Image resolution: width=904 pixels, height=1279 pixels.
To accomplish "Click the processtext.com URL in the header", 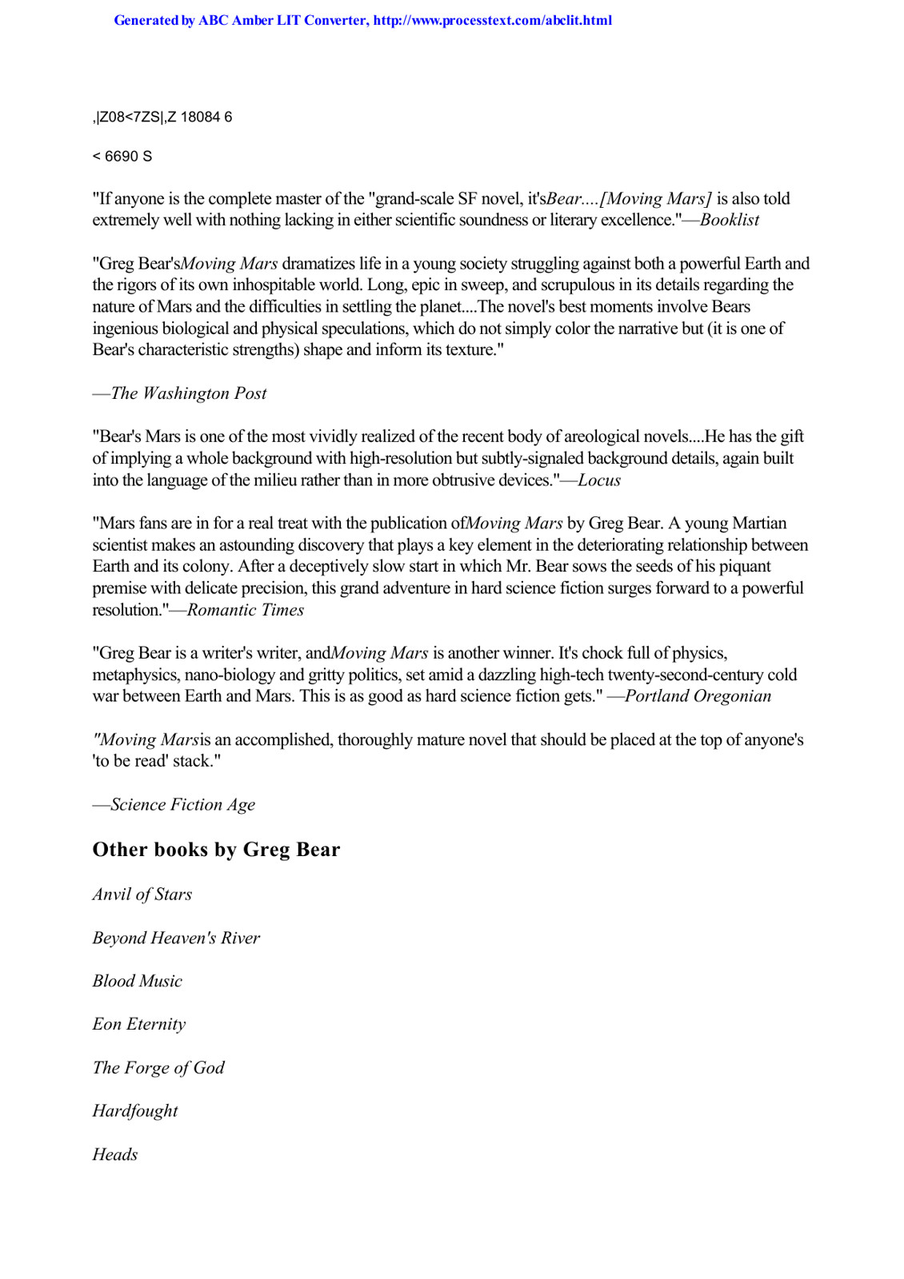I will (x=492, y=21).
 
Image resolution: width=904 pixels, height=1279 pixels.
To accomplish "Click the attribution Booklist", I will (x=729, y=220).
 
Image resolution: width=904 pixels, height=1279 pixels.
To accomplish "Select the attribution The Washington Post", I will (x=188, y=393).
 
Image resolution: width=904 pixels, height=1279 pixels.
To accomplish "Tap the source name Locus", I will (x=599, y=480).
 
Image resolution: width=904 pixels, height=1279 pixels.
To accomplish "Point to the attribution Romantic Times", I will (x=245, y=610).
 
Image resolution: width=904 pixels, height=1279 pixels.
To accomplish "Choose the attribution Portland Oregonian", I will (x=698, y=696).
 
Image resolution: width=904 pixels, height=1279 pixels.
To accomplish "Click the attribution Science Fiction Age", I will (x=182, y=805).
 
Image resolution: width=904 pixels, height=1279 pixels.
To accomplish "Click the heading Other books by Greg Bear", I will (x=216, y=850).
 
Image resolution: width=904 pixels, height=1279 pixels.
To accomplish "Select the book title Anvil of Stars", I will (x=142, y=895).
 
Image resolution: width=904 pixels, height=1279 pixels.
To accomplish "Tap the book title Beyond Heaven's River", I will (x=176, y=938).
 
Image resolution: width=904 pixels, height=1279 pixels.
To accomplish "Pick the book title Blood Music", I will (x=138, y=981).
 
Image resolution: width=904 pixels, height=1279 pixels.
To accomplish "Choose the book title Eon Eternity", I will (x=139, y=1024).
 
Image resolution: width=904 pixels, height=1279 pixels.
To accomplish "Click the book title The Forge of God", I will (x=158, y=1068).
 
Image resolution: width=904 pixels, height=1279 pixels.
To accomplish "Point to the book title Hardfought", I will (x=135, y=1111).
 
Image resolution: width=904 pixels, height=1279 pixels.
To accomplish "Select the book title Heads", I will (x=115, y=1154).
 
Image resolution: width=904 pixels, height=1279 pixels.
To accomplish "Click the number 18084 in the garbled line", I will (x=200, y=118).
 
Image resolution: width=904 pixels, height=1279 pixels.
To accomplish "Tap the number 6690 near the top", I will (x=122, y=157).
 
